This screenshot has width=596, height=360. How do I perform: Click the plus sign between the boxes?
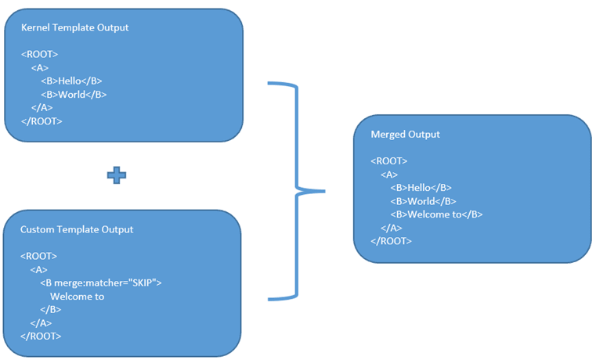[117, 176]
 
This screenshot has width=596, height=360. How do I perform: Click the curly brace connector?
[298, 190]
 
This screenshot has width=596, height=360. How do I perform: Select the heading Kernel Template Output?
[74, 27]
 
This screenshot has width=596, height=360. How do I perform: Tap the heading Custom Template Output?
[77, 229]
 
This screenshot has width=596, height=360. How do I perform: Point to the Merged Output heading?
[405, 134]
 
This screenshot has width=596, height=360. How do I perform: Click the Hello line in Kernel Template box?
[71, 81]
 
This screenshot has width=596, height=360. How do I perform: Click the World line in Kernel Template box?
[73, 94]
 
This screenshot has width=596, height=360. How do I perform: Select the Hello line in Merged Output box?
[421, 187]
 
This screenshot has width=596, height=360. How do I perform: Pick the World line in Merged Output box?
[423, 200]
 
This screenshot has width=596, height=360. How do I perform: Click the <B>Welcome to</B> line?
[436, 214]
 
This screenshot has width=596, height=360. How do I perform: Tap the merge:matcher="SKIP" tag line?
[100, 283]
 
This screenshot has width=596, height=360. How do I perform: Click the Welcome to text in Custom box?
[77, 296]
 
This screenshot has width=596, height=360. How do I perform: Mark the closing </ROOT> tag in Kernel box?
[42, 121]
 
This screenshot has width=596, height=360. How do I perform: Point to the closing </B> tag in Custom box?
[51, 309]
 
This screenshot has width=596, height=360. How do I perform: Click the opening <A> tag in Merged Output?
[389, 174]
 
